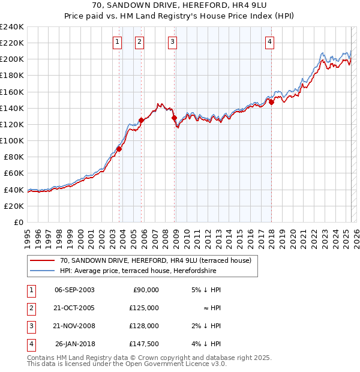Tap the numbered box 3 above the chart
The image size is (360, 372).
click(172, 41)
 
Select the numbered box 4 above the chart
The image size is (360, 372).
click(270, 41)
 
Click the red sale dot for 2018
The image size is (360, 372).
click(271, 102)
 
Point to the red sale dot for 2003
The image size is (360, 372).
click(119, 149)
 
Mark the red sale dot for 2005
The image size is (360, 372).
click(141, 120)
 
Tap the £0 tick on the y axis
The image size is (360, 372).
click(18, 222)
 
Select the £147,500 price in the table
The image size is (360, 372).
click(144, 344)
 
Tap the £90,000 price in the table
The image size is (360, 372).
click(146, 289)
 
